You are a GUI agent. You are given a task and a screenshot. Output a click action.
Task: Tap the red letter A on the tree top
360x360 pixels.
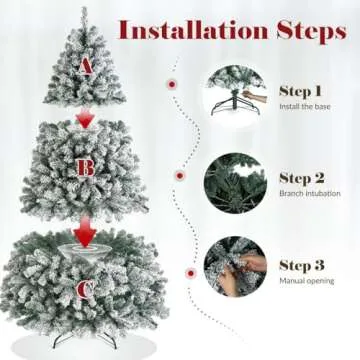pyautogui.click(x=84, y=66)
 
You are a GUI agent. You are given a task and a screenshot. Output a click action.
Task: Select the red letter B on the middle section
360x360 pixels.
pyautogui.click(x=86, y=167)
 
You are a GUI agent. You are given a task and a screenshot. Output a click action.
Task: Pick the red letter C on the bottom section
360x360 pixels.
pyautogui.click(x=85, y=291)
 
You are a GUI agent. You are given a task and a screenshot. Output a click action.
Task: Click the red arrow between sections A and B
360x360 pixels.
pyautogui.click(x=85, y=119)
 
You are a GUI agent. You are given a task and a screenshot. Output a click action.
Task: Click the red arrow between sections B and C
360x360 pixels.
pyautogui.click(x=86, y=237)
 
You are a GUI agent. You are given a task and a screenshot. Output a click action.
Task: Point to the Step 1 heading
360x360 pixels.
pyautogui.click(x=301, y=90)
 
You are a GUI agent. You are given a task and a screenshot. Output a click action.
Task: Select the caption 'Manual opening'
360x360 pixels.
pyautogui.click(x=305, y=283)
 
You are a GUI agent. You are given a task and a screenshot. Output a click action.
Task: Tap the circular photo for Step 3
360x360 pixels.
pyautogui.click(x=235, y=269)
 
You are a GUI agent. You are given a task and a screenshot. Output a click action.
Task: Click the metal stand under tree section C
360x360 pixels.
pyautogui.click(x=85, y=340)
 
